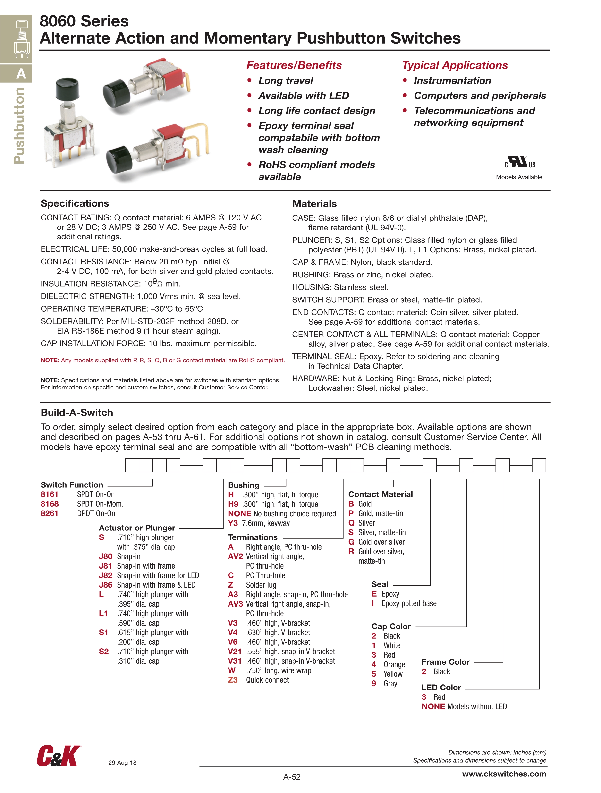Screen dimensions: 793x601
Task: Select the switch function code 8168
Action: pos(50,504)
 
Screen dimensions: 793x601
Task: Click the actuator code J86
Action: pos(106,585)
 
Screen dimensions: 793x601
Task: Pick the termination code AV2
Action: pos(235,556)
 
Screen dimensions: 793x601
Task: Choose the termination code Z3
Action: pos(233,680)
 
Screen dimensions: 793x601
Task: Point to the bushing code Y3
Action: pos(233,523)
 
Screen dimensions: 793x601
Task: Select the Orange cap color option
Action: pos(394,664)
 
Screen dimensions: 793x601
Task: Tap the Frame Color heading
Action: pos(446,662)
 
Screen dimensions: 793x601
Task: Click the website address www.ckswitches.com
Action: pos(504,774)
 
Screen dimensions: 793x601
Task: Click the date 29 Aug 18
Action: pos(122,763)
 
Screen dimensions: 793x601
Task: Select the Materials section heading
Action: pos(314,204)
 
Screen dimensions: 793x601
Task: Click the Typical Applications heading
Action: pos(455,65)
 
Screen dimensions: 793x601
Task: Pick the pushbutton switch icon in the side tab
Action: pos(21,39)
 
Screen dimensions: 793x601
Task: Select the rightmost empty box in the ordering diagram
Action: pos(539,465)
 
